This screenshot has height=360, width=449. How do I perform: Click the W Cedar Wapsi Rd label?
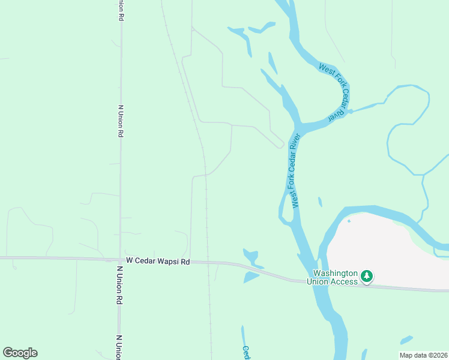point(158,261)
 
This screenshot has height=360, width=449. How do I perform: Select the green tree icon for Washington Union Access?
point(366,277)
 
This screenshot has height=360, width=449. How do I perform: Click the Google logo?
point(20,353)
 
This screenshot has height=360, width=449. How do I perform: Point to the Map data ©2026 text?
point(424,355)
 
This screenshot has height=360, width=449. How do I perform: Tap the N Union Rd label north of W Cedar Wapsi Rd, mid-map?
point(121,122)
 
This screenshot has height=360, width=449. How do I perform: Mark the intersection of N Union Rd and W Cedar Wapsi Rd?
point(120,260)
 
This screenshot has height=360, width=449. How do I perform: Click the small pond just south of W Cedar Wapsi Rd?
point(251,277)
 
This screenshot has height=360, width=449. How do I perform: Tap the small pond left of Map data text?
point(406,340)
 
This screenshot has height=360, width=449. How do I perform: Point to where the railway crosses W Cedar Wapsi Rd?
point(208,262)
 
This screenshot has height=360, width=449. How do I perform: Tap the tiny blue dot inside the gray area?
point(349,220)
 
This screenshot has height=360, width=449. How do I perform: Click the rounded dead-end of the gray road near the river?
point(280,145)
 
